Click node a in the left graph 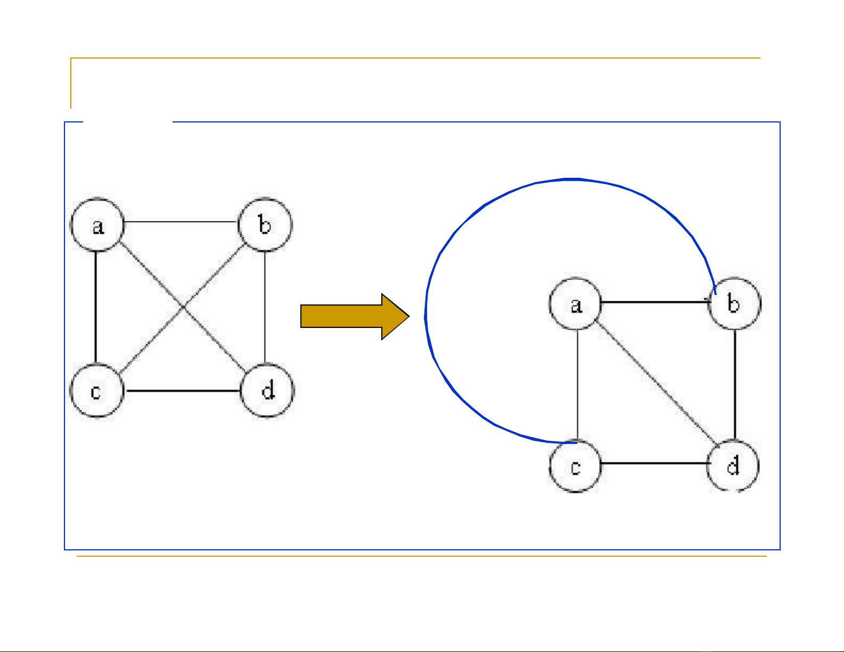coord(97,225)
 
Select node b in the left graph coord(265,224)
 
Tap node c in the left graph coord(96,391)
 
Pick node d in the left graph coord(267,391)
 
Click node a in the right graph coord(575,304)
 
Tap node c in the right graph coord(575,467)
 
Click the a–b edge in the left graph coord(181,221)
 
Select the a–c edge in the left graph coord(96,308)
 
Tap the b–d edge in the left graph coord(265,308)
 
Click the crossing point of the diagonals coord(183,307)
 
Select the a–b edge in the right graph coord(655,302)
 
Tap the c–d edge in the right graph coord(655,463)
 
